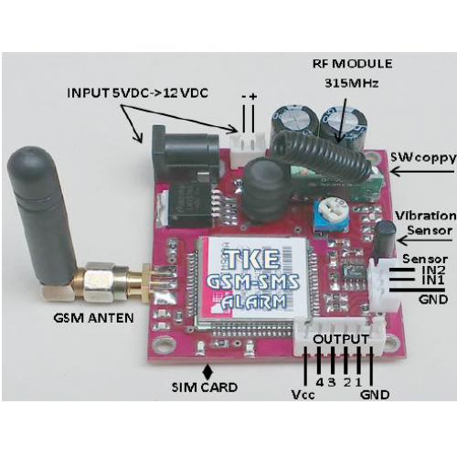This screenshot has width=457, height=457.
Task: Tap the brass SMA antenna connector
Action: [x=110, y=281]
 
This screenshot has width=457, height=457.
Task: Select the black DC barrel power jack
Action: [x=185, y=154]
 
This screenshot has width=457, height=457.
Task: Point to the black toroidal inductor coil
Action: [x=266, y=189]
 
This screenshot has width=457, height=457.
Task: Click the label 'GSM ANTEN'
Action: [x=93, y=318]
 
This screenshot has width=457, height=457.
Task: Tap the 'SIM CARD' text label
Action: [x=205, y=388]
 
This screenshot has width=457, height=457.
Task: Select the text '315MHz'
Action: [x=351, y=83]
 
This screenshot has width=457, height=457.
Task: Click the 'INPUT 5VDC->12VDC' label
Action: [x=138, y=92]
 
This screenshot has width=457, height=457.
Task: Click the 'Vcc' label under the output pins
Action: [x=303, y=395]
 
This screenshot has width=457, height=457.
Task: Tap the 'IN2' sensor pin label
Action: [x=434, y=270]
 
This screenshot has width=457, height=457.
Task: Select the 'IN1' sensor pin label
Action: [x=433, y=281]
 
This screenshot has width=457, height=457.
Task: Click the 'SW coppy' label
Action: [x=423, y=158]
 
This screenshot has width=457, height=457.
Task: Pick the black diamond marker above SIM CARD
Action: [x=208, y=371]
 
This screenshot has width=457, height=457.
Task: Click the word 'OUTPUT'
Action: [x=341, y=339]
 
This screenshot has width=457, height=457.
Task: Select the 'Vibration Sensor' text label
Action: [x=426, y=223]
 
